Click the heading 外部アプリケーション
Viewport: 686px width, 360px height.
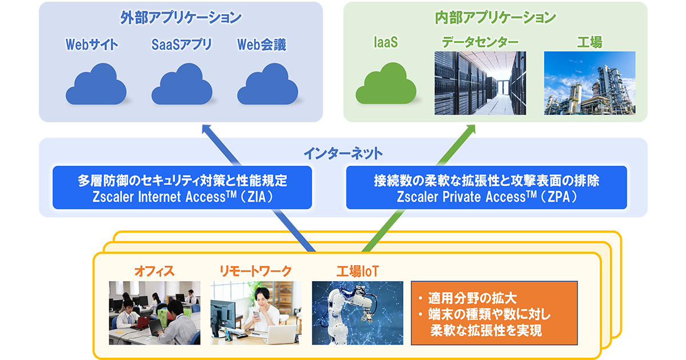[x=181, y=18]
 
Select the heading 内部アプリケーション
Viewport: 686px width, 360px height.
[x=495, y=18]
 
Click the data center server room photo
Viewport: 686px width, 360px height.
[x=480, y=83]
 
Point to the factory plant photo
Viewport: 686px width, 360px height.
[x=589, y=83]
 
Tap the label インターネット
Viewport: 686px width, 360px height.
[x=343, y=154]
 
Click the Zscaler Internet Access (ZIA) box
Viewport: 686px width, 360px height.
[x=182, y=188]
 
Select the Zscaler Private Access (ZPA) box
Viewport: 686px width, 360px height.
[x=486, y=188]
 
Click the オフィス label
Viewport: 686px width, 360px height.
[x=154, y=270]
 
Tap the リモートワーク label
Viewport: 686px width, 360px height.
[x=256, y=270]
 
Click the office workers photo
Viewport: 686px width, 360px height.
[x=154, y=313]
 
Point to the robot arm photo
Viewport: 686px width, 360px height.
[x=357, y=313]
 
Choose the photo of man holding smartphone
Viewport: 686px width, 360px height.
[x=256, y=313]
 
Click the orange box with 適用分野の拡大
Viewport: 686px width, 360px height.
[x=494, y=313]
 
